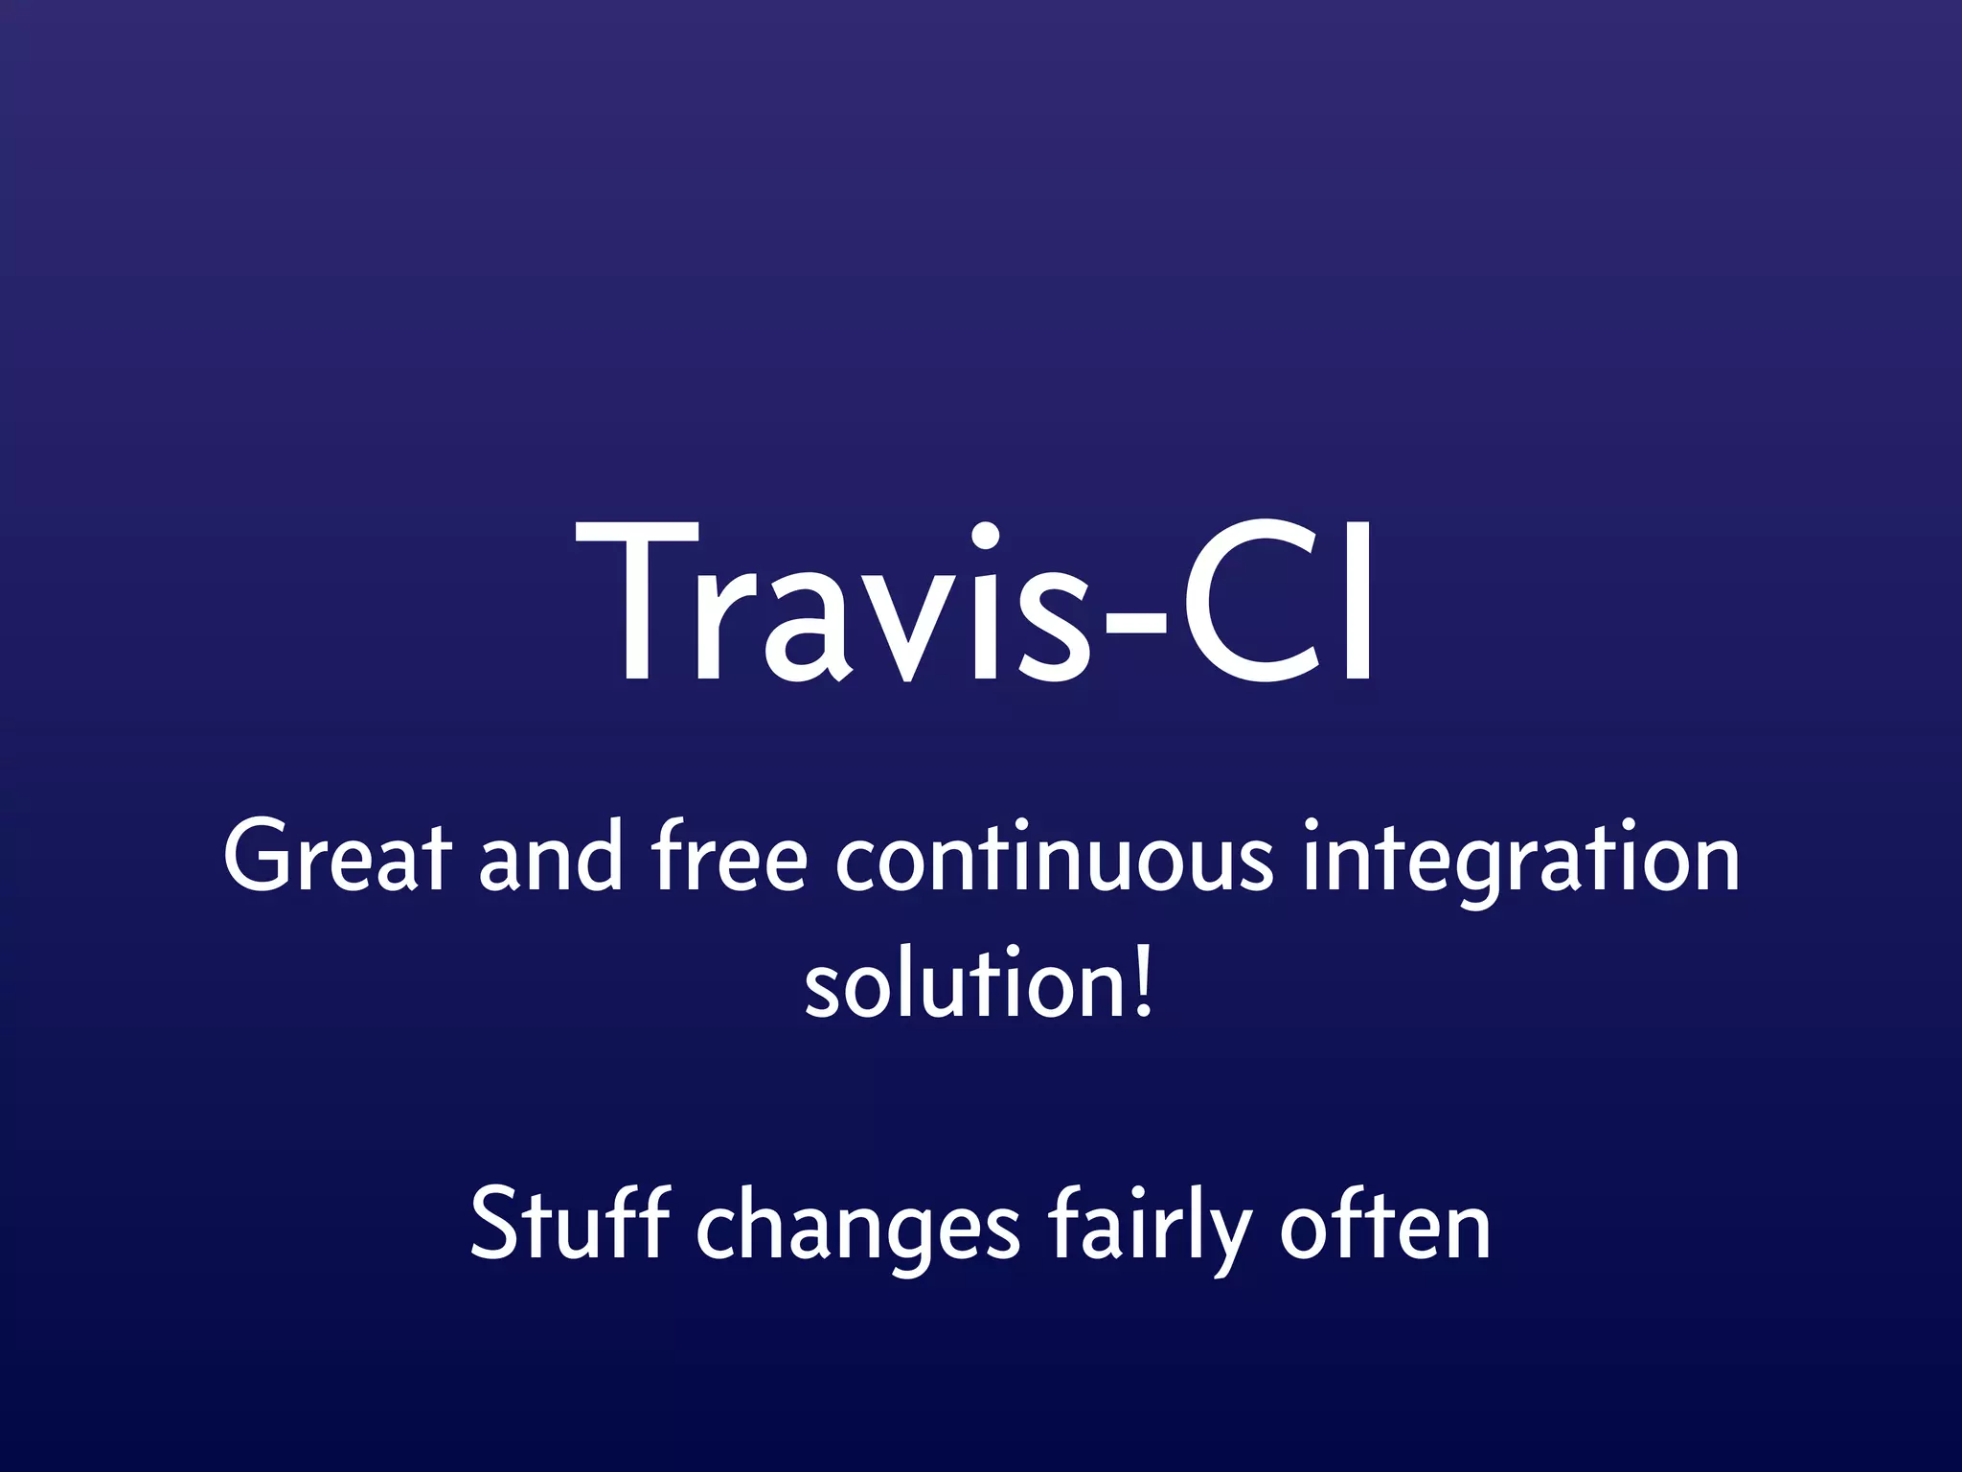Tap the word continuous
pos(1054,858)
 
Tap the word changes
pos(857,1231)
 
